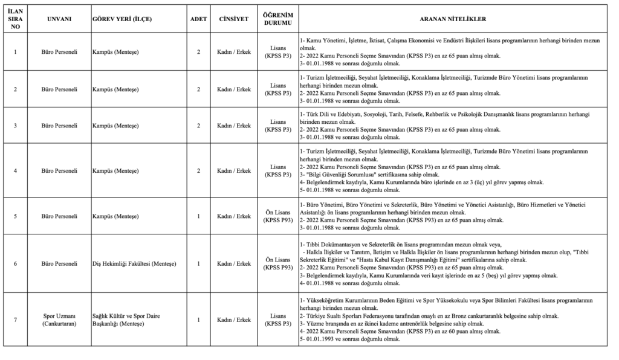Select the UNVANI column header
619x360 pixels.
59,19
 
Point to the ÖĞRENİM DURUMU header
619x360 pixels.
277,19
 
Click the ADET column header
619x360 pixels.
198,19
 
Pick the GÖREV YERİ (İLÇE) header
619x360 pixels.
122,19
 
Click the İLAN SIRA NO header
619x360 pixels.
15,19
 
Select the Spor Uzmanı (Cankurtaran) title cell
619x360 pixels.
59,320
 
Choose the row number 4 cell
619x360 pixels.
15,170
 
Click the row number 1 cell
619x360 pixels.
15,52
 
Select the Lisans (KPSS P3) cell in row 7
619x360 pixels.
277,320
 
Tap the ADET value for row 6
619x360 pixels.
198,263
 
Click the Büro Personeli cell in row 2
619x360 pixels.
59,89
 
